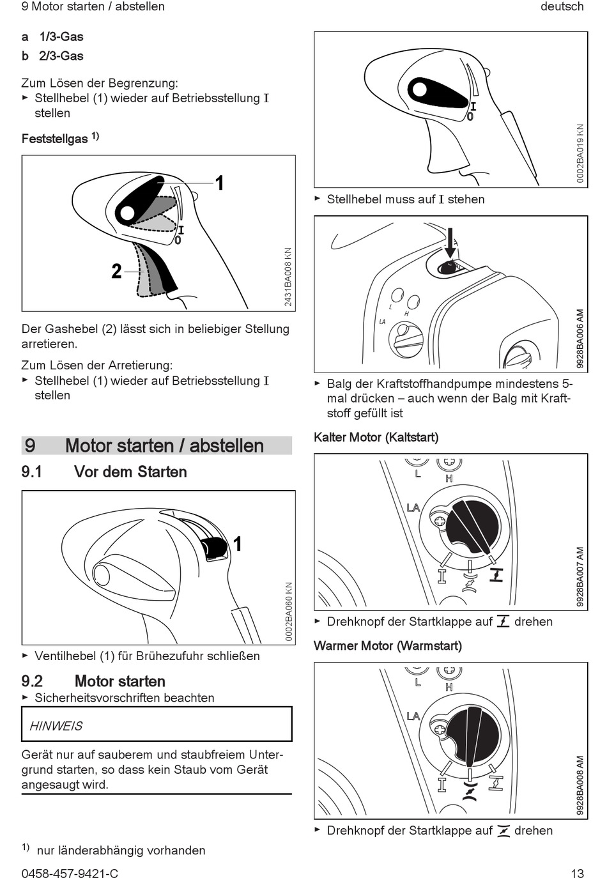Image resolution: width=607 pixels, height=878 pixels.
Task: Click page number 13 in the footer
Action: [x=577, y=873]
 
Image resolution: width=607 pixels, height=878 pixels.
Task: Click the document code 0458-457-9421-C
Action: [x=70, y=873]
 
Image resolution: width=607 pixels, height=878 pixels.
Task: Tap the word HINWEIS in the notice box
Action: [x=56, y=726]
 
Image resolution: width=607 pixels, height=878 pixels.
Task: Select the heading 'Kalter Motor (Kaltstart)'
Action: [x=376, y=438]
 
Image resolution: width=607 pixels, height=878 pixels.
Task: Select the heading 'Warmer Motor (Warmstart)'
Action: [x=387, y=646]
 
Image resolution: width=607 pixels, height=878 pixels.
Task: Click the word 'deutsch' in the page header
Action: [x=562, y=7]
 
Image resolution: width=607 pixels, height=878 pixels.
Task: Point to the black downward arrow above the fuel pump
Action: [x=450, y=243]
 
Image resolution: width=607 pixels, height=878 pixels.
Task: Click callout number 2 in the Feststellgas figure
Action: [x=116, y=272]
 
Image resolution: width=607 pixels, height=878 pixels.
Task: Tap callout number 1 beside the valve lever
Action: [x=237, y=544]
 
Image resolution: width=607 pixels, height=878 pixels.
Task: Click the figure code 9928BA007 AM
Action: [x=580, y=576]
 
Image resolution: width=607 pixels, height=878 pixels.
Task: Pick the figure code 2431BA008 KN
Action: [x=288, y=277]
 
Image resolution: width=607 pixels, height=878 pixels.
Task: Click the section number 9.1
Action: [x=32, y=472]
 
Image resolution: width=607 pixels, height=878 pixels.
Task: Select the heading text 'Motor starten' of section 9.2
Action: [x=120, y=681]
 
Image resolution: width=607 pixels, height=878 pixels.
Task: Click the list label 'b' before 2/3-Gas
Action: [x=25, y=56]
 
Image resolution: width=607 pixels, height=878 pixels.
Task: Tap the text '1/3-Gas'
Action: [x=61, y=37]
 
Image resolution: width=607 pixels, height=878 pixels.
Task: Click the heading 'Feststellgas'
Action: [x=55, y=139]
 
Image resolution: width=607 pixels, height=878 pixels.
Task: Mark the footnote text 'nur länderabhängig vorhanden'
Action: [x=121, y=851]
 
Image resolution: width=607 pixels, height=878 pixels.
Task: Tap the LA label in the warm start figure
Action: [x=413, y=716]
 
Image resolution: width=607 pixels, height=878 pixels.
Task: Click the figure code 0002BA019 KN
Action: [x=580, y=153]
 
